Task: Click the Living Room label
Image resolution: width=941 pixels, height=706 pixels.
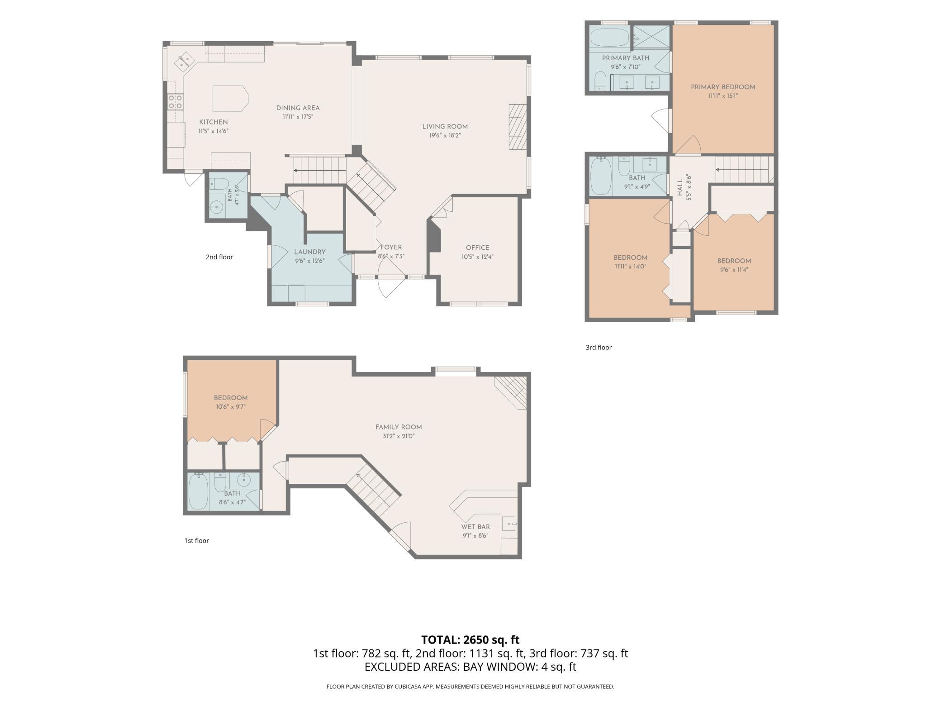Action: (445, 127)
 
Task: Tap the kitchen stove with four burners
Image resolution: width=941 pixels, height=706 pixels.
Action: (175, 101)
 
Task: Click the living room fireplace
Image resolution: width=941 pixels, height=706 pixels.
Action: (518, 127)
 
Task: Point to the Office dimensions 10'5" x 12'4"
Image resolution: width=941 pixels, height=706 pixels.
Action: (477, 257)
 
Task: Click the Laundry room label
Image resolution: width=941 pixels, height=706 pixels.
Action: (310, 252)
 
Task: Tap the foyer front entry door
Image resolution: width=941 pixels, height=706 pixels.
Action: (392, 286)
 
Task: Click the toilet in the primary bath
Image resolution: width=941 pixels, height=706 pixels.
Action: (600, 81)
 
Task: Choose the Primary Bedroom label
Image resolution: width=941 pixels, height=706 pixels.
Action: (723, 87)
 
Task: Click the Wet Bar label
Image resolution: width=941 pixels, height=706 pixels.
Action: (475, 527)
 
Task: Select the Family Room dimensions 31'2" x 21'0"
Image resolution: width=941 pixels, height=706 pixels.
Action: (399, 436)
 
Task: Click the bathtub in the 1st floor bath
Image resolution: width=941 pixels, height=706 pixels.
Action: (198, 491)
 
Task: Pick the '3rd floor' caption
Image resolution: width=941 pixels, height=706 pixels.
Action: (599, 348)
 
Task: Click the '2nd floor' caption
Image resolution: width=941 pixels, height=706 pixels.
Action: (219, 257)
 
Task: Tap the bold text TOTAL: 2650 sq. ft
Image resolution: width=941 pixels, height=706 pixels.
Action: (470, 639)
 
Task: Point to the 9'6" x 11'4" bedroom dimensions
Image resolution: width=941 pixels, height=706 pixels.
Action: (734, 270)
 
